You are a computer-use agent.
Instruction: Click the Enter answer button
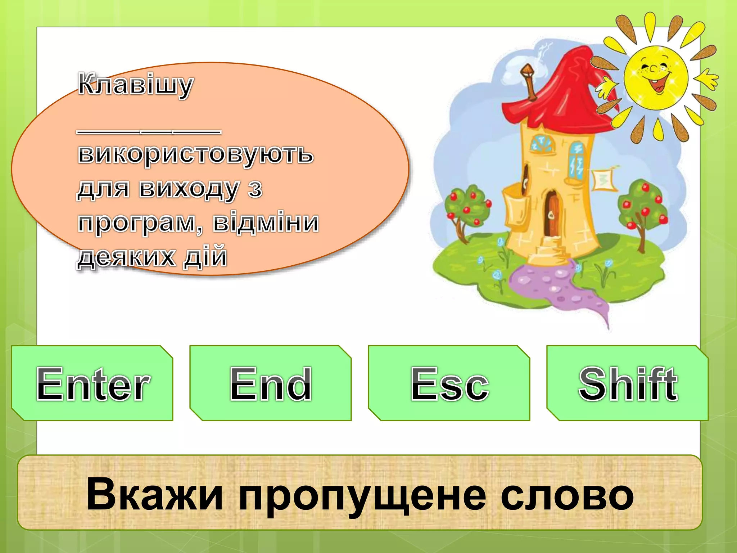coord(92,383)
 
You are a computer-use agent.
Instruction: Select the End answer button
coord(271,383)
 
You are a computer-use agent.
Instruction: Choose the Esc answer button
coord(449,383)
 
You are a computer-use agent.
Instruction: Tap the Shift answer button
coord(628,383)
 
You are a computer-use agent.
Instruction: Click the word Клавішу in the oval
coord(136,85)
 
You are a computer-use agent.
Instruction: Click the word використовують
coord(195,154)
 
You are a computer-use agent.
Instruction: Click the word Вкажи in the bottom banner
coord(155,494)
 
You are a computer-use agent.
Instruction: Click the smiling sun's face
coord(656,77)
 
